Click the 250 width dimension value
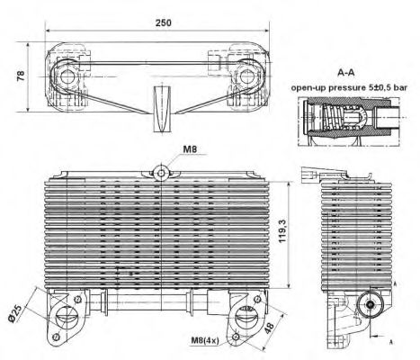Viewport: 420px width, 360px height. point(163,22)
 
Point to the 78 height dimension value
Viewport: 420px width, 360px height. point(21,76)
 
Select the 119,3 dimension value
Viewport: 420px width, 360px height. point(282,230)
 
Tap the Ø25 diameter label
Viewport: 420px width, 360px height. point(15,314)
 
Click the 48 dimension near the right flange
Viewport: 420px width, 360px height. point(269,328)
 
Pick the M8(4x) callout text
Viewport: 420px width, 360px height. point(205,340)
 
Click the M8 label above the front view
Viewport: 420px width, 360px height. point(190,149)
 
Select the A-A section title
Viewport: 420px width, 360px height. point(346,73)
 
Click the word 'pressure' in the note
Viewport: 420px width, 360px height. point(346,87)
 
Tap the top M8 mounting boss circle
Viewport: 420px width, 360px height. point(161,173)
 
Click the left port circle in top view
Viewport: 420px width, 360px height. point(67,76)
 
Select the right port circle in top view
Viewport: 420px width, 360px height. point(247,76)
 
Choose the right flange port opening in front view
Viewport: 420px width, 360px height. point(245,317)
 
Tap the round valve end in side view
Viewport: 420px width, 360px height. point(371,305)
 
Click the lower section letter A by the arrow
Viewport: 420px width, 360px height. point(391,342)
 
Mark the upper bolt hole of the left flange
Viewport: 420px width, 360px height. point(77,299)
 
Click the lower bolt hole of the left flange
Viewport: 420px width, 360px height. point(56,337)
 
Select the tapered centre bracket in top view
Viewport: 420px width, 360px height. point(162,109)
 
